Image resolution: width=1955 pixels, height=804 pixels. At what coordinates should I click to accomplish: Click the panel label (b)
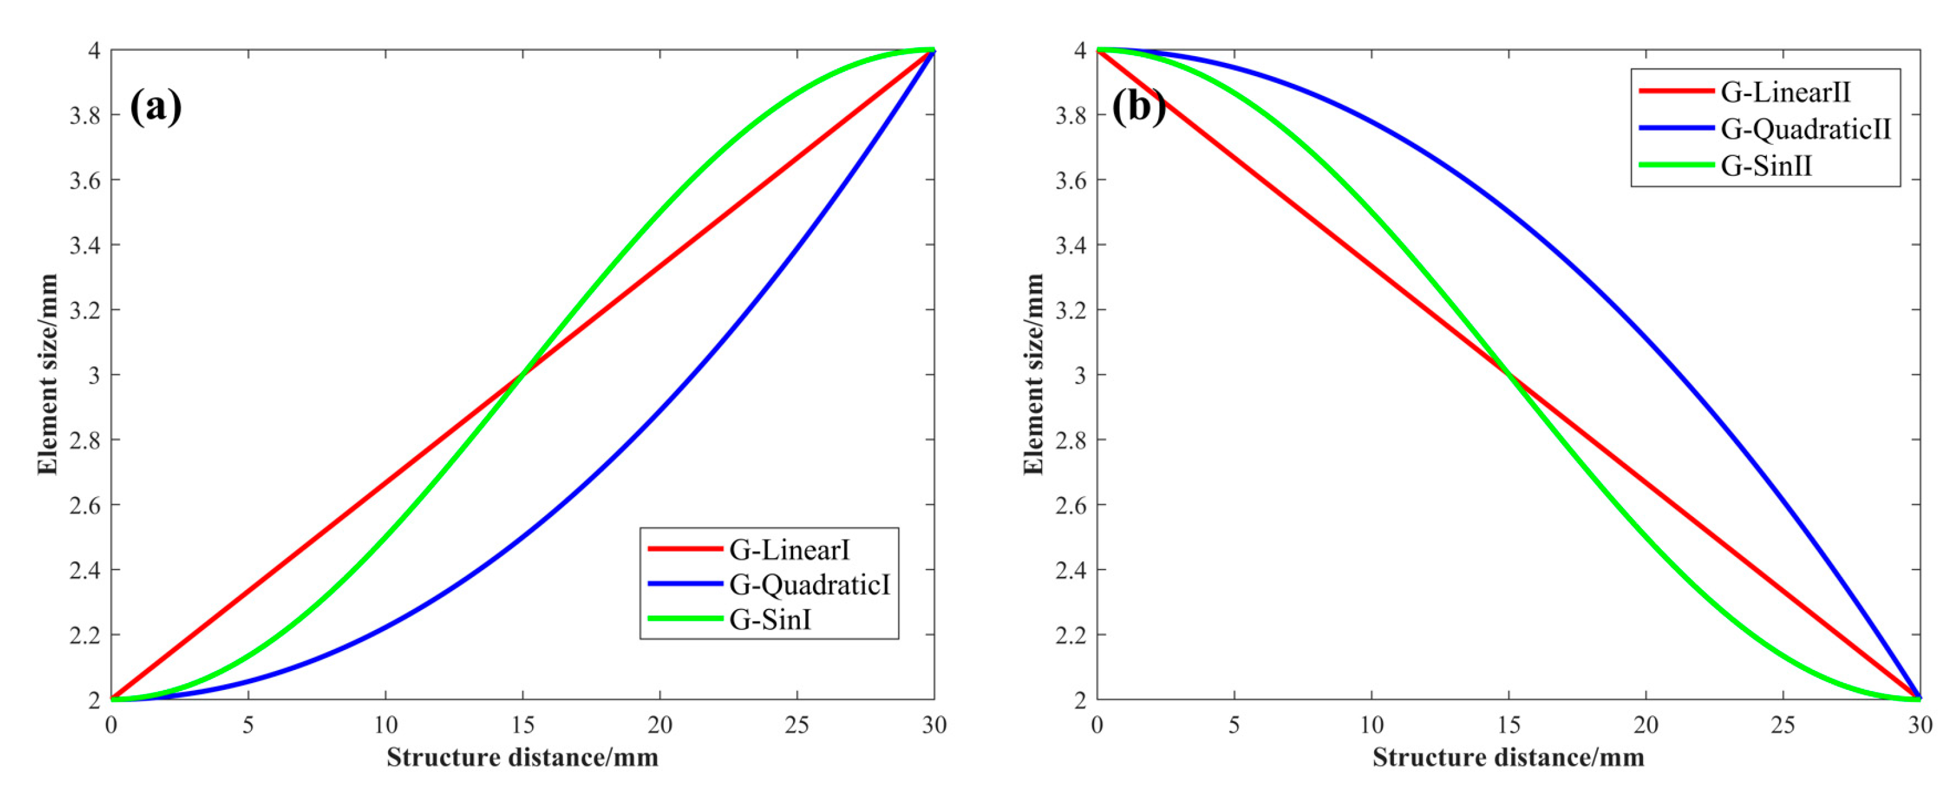pyautogui.click(x=1138, y=106)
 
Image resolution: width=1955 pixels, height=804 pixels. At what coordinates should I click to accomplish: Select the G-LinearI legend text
pyautogui.click(x=789, y=549)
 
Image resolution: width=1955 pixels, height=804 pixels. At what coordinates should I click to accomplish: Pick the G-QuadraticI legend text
pyautogui.click(x=809, y=584)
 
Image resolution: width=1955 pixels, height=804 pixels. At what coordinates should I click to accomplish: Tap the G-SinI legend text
pyautogui.click(x=770, y=620)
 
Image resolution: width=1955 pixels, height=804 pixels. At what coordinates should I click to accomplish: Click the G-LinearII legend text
pyautogui.click(x=1785, y=92)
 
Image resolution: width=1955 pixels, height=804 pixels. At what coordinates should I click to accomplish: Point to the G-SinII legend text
pyautogui.click(x=1766, y=164)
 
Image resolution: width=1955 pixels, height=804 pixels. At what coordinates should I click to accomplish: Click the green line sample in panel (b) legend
pyautogui.click(x=1676, y=164)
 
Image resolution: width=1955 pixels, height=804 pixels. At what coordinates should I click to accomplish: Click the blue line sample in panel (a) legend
pyautogui.click(x=684, y=584)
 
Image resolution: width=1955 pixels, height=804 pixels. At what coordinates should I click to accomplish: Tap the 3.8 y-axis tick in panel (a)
pyautogui.click(x=85, y=115)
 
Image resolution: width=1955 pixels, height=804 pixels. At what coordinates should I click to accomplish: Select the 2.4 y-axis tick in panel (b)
pyautogui.click(x=1070, y=570)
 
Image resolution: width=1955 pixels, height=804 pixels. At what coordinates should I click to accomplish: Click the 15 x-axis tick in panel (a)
pyautogui.click(x=522, y=725)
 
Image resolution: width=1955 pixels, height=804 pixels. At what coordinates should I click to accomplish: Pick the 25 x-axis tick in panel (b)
pyautogui.click(x=1783, y=725)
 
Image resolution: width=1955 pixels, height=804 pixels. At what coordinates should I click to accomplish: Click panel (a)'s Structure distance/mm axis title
pyautogui.click(x=522, y=757)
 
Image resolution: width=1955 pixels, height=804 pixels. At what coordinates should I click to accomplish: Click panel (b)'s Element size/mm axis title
pyautogui.click(x=1033, y=375)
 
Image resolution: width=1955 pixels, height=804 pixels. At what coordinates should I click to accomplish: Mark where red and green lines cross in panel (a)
pyautogui.click(x=522, y=375)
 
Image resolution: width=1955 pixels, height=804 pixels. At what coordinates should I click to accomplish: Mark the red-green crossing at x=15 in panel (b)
pyautogui.click(x=1509, y=375)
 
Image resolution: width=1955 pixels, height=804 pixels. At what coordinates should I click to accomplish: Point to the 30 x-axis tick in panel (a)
pyautogui.click(x=933, y=725)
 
